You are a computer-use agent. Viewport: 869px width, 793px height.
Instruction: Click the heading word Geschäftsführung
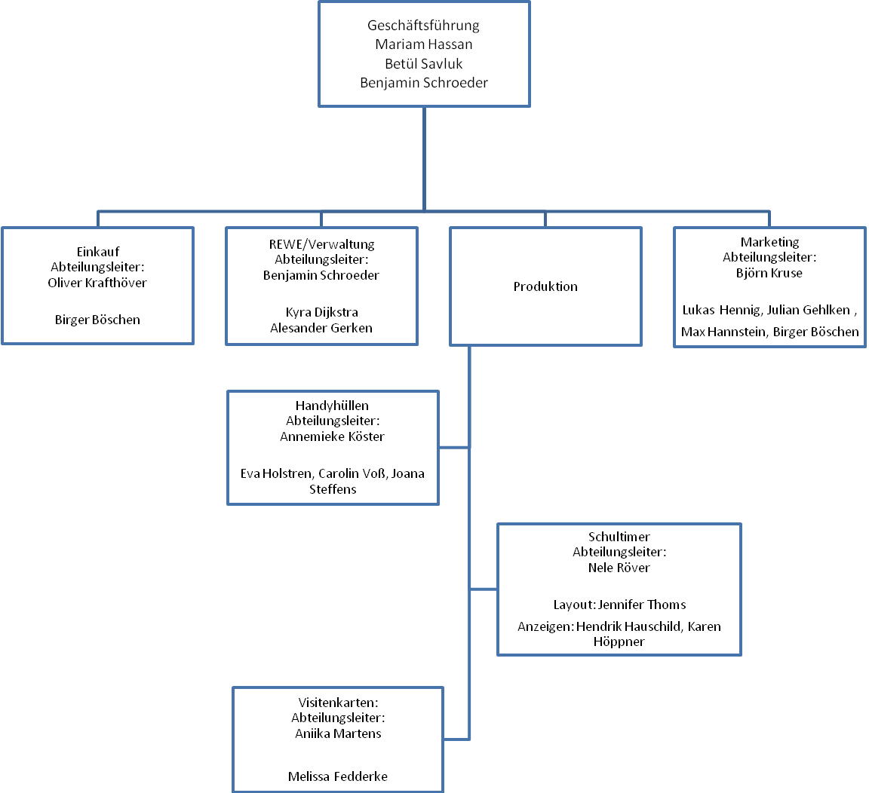coord(423,26)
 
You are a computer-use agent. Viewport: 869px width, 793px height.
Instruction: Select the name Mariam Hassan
coord(423,44)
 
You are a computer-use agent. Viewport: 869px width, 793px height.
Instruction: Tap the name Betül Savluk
coord(423,63)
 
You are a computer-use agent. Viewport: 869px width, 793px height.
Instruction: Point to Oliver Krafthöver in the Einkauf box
coord(97,283)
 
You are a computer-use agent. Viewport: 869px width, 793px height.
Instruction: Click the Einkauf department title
coord(98,252)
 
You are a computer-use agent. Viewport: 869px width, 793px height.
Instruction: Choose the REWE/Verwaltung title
coord(321,244)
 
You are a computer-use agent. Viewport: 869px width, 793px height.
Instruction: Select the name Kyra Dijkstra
coord(321,312)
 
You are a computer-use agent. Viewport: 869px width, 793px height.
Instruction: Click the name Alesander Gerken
coord(321,328)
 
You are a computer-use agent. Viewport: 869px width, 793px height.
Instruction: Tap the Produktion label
coord(545,286)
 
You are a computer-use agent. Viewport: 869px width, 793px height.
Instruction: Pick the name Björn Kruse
coord(769,273)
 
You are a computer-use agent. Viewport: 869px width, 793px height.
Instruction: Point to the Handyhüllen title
coord(332,406)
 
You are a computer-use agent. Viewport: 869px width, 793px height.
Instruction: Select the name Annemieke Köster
coord(332,436)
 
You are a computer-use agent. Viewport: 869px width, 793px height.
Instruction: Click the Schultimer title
coord(619,537)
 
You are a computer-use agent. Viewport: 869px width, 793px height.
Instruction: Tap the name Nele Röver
coord(619,568)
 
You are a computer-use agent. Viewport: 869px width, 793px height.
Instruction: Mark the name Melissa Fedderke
coord(337,776)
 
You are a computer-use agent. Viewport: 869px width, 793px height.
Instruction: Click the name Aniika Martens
coord(338,733)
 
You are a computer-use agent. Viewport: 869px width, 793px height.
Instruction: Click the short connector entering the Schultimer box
coord(484,589)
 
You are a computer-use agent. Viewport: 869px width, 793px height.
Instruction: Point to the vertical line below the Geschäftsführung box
coord(424,159)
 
